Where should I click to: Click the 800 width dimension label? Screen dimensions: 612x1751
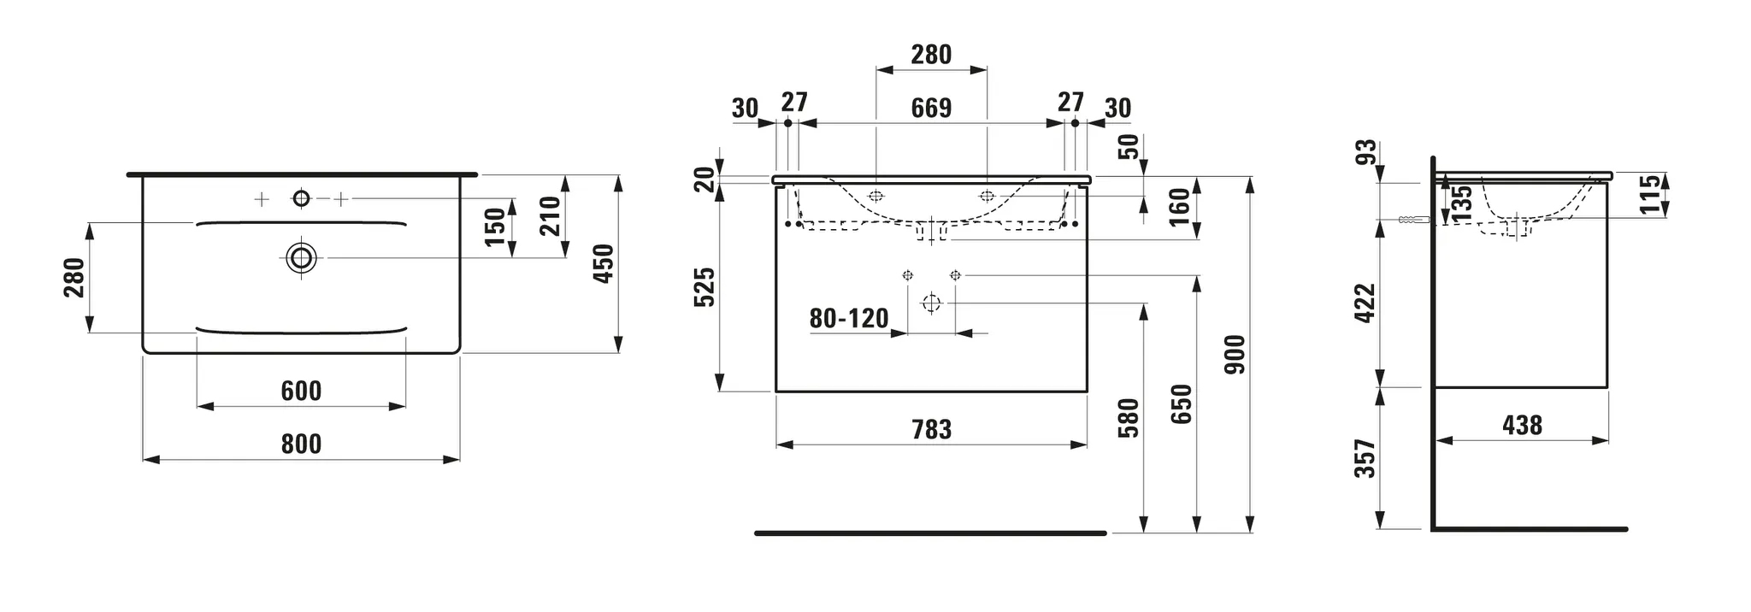click(x=301, y=444)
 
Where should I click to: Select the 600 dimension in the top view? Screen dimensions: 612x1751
click(x=301, y=391)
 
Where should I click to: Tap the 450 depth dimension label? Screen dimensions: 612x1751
click(x=604, y=263)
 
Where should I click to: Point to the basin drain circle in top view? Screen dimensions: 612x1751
click(x=301, y=256)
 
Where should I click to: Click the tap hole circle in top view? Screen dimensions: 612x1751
click(x=301, y=199)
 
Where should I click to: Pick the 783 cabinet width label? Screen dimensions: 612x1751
click(x=931, y=429)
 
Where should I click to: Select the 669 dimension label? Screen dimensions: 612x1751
click(x=931, y=109)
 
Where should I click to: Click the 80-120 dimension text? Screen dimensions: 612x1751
click(x=849, y=319)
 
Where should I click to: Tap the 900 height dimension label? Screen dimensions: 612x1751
click(x=1235, y=354)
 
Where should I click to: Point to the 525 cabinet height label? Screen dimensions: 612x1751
click(x=704, y=287)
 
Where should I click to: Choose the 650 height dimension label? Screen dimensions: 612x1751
click(x=1181, y=404)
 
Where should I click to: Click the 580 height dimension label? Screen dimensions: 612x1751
click(x=1129, y=417)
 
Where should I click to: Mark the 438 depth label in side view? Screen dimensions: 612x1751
click(x=1522, y=425)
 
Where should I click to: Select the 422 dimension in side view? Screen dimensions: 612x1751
click(x=1365, y=303)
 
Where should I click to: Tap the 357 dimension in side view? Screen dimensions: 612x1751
click(x=1365, y=459)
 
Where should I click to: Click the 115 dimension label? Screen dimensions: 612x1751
click(x=1650, y=194)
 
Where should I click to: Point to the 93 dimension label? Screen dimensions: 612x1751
click(x=1367, y=152)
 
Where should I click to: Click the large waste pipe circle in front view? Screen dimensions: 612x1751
click(x=931, y=303)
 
